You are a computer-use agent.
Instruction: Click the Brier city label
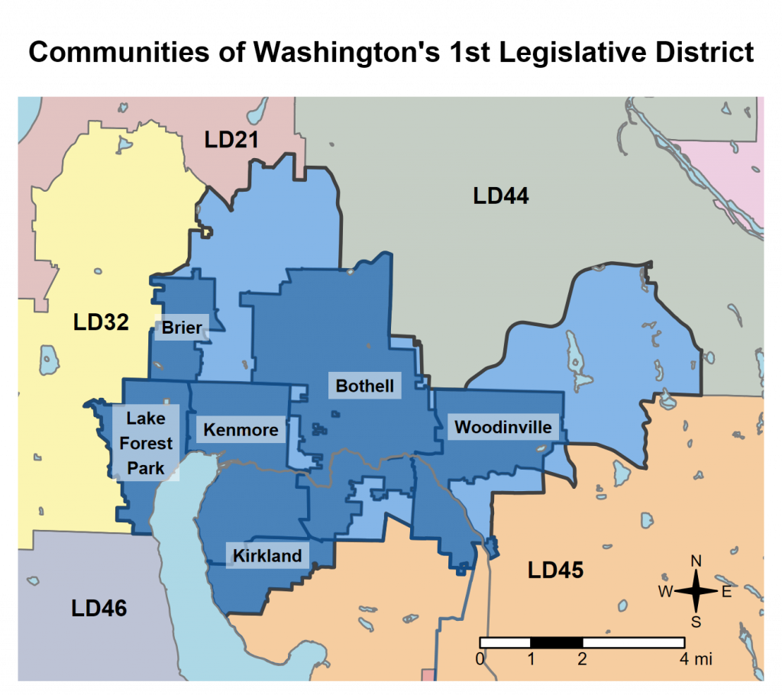[182, 328]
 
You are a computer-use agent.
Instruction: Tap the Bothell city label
[365, 386]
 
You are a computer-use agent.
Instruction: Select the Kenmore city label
[241, 430]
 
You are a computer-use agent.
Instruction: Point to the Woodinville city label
[502, 427]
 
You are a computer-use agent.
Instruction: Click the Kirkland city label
[267, 555]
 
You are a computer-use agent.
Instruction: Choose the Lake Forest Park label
[146, 443]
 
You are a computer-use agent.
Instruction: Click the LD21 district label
[231, 140]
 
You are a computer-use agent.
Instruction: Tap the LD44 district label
[501, 196]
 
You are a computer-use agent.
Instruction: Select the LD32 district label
[101, 322]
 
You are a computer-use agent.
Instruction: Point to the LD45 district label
[555, 570]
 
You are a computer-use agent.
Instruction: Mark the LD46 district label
[99, 608]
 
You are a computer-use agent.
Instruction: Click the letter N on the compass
[696, 561]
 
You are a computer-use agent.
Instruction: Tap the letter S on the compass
[696, 621]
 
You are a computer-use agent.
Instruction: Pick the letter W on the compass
[665, 592]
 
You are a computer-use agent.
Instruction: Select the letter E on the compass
[726, 592]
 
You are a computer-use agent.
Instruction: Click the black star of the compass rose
[696, 591]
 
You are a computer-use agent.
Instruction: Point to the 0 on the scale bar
[480, 658]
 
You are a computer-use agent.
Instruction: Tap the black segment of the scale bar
[556, 642]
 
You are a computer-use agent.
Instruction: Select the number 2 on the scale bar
[582, 658]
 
